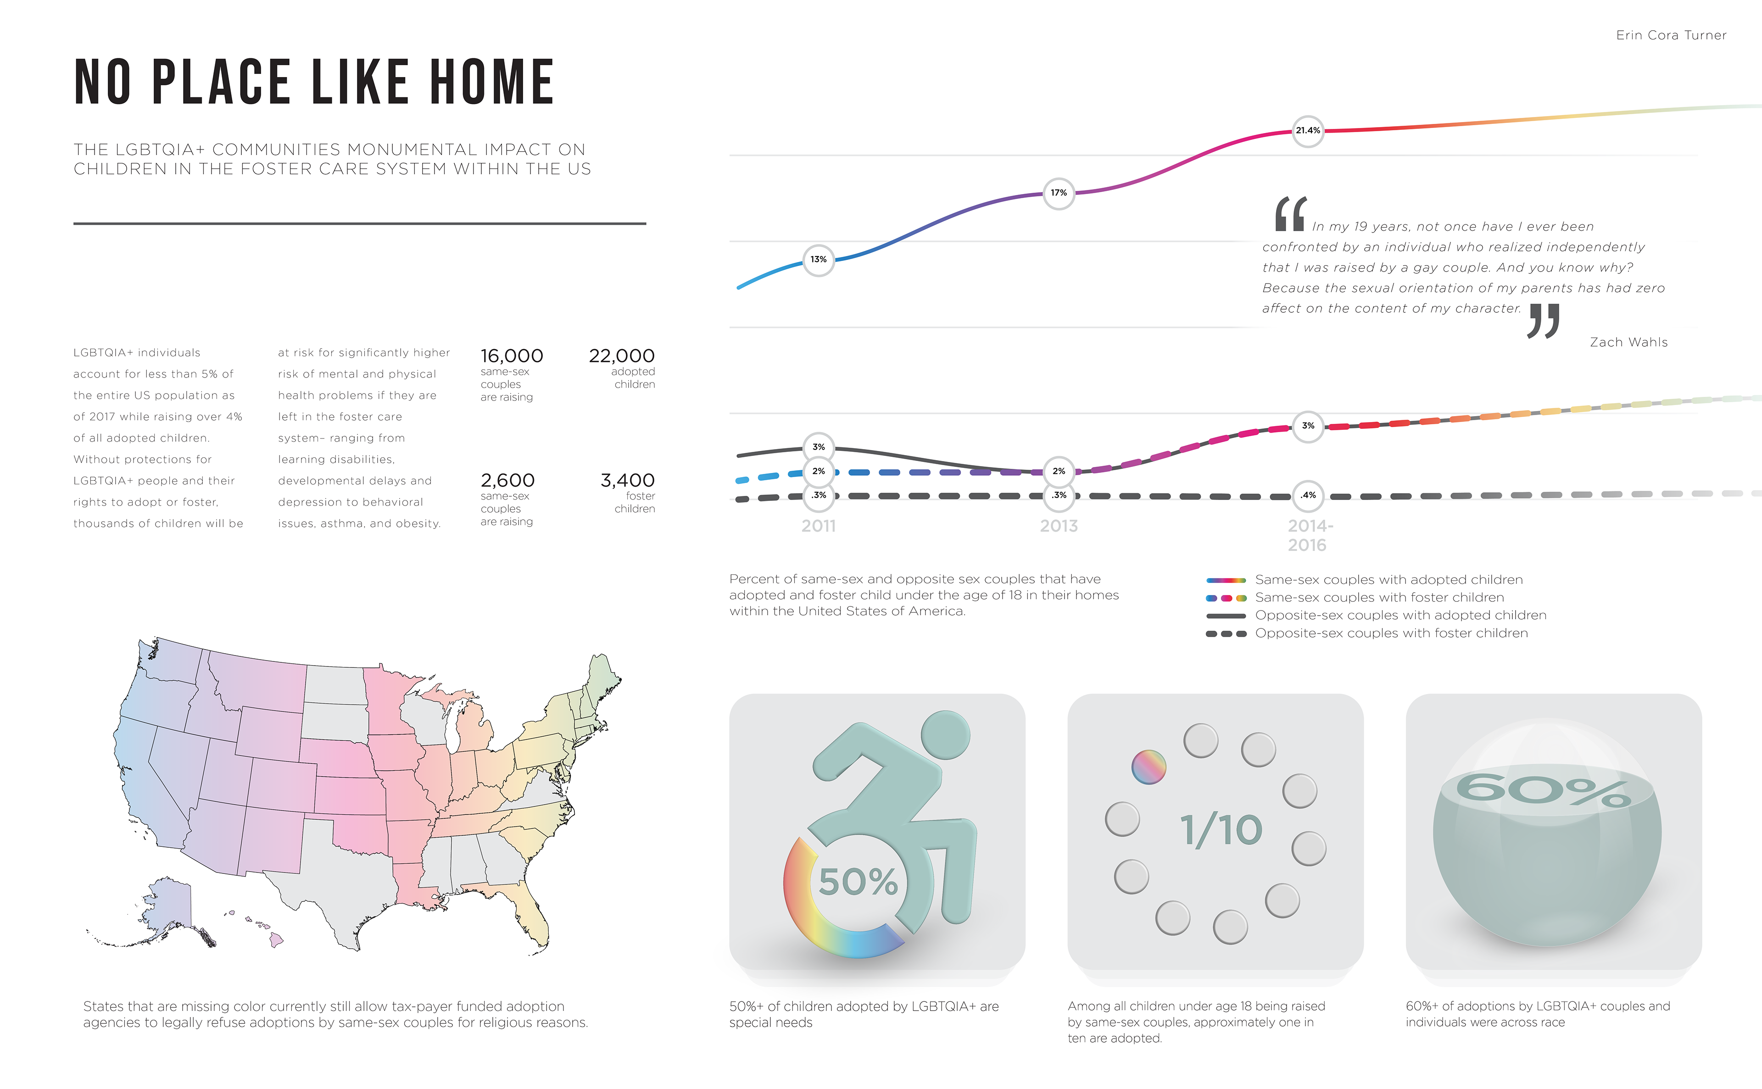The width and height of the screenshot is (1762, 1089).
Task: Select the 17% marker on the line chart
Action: click(x=1058, y=193)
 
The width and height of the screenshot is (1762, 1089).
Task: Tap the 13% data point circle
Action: click(x=818, y=259)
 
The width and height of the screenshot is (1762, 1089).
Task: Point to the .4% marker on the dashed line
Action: click(x=1307, y=495)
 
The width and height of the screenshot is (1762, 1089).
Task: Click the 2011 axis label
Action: click(x=818, y=527)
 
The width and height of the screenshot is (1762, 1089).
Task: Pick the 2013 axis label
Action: click(x=1058, y=527)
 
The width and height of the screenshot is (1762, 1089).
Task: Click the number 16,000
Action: click(x=512, y=356)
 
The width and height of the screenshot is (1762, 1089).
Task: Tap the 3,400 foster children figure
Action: click(x=627, y=480)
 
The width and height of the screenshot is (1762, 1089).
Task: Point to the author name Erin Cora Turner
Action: click(x=1671, y=35)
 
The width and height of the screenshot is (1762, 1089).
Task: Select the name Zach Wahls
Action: click(x=1628, y=342)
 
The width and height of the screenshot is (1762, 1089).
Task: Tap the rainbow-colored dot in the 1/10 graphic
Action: click(x=1148, y=767)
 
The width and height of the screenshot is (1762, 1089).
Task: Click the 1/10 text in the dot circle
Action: click(x=1221, y=830)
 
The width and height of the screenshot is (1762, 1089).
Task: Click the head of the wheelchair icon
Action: click(x=945, y=735)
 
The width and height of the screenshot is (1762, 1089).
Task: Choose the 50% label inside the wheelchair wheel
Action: click(x=858, y=882)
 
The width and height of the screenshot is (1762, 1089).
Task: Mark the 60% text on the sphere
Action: click(x=1542, y=790)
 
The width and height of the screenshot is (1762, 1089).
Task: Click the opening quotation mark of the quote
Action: click(x=1289, y=215)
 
